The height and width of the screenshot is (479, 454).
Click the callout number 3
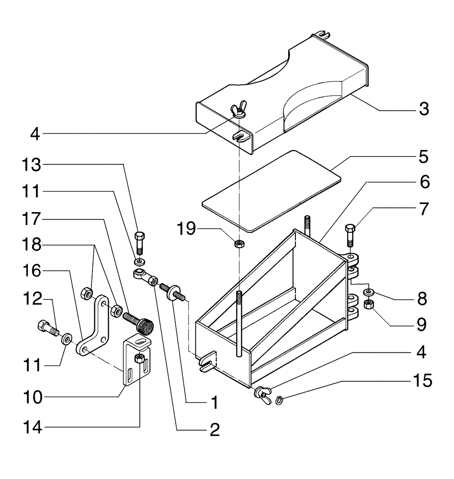tap(422, 109)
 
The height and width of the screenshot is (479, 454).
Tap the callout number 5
tap(422, 157)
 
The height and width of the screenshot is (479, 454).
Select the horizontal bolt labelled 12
tap(46, 330)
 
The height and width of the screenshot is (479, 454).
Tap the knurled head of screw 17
tap(146, 328)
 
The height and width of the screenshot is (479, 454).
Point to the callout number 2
tap(214, 429)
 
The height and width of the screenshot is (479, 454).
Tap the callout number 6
tap(422, 182)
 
